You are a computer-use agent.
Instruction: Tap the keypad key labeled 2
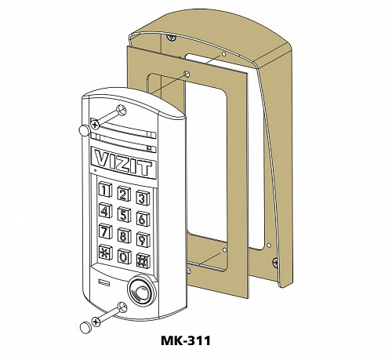point(124,194)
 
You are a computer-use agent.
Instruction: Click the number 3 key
point(143,198)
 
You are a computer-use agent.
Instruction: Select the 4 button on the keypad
point(105,210)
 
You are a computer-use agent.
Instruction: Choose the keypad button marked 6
point(143,218)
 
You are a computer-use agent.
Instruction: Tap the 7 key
point(105,231)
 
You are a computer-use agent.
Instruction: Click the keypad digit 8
point(124,235)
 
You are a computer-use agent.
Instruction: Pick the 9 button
point(143,238)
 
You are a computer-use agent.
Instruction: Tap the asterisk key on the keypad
point(106,252)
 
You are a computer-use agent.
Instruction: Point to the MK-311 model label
point(186,340)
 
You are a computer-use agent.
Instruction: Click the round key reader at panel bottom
point(141,291)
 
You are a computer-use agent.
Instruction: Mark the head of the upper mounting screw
point(95,125)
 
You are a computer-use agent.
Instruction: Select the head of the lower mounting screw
point(96,322)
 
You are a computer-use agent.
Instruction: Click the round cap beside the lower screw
point(85,328)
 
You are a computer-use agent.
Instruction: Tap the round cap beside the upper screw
point(84,130)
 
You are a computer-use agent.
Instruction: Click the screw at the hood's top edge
point(172,38)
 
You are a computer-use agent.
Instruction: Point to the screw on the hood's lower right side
point(275,260)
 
